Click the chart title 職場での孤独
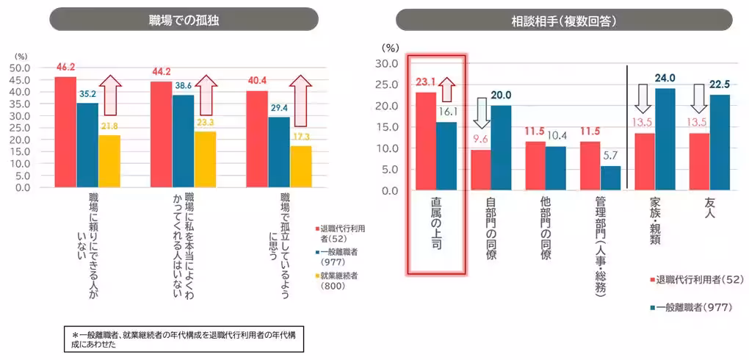pyautogui.click(x=184, y=20)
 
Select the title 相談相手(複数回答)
pyautogui.click(x=563, y=20)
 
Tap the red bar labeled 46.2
pyautogui.click(x=65, y=132)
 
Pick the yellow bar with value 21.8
pyautogui.click(x=109, y=161)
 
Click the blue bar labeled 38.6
pyautogui.click(x=183, y=140)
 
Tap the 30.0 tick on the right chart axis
pyautogui.click(x=386, y=64)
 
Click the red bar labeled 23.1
pyautogui.click(x=427, y=141)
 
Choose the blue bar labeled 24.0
pyautogui.click(x=665, y=140)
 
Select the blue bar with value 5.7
pyautogui.click(x=611, y=178)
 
